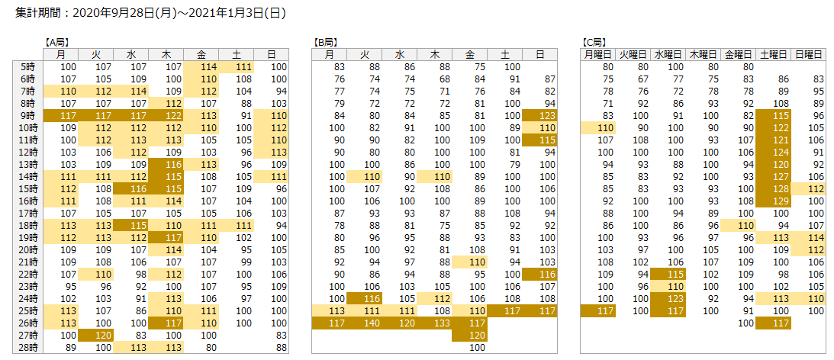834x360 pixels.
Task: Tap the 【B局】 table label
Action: coord(326,43)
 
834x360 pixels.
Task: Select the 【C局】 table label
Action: coord(594,43)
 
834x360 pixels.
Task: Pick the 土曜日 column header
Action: coord(774,54)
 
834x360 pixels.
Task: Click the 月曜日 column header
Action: coord(598,54)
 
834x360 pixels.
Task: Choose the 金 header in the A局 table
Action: coord(201,54)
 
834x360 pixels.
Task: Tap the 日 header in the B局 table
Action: coord(539,54)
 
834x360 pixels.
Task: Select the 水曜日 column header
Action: coord(668,54)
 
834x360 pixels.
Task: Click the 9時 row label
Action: coord(28,115)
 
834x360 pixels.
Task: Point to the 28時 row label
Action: coord(28,347)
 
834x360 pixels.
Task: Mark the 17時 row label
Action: coord(28,213)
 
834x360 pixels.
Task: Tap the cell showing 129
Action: coord(774,201)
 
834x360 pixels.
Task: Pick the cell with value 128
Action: coord(774,188)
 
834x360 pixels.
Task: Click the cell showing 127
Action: coord(774,176)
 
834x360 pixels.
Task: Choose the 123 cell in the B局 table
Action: coord(539,115)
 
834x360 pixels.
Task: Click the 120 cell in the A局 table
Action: coord(96,335)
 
